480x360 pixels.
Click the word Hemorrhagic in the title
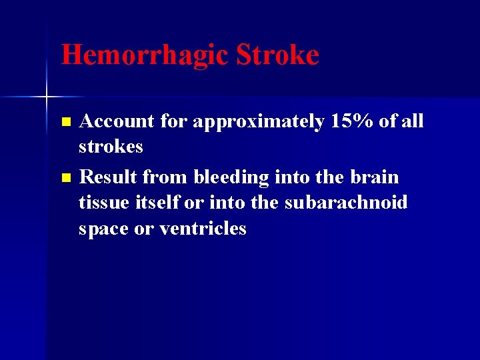click(145, 55)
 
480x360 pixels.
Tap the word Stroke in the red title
click(277, 55)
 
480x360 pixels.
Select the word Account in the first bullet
click(117, 121)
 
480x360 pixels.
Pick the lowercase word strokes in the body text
click(111, 146)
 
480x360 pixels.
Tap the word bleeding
click(232, 177)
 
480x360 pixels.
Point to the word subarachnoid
click(345, 203)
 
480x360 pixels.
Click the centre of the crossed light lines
click(47, 97)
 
